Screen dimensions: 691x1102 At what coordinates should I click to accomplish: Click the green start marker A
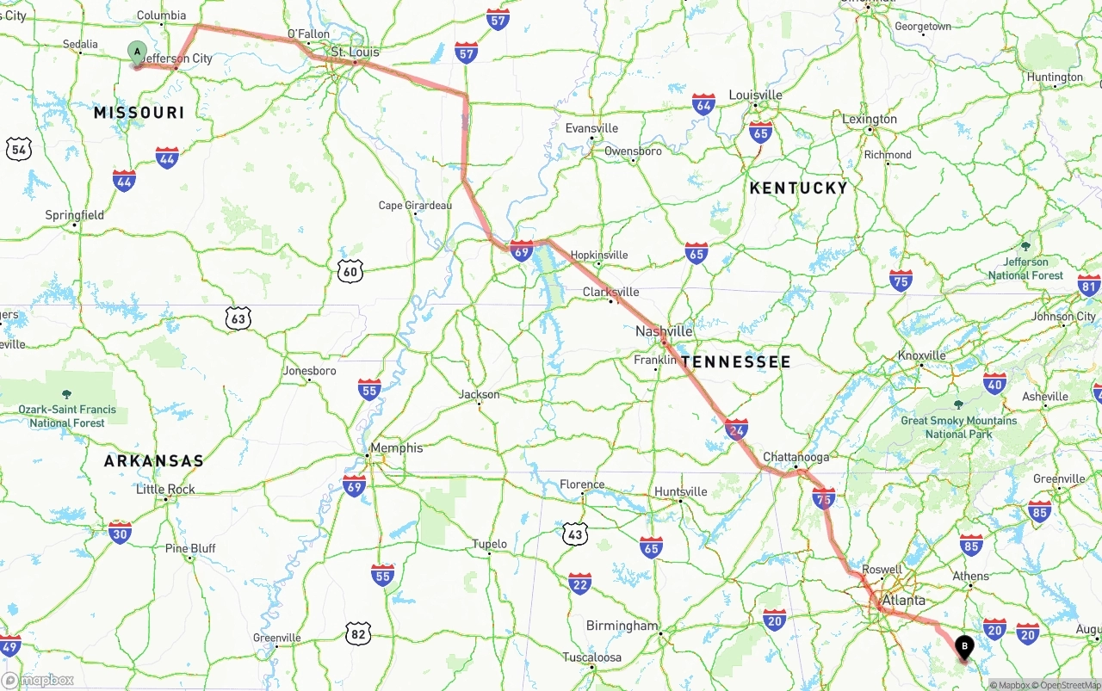(x=136, y=52)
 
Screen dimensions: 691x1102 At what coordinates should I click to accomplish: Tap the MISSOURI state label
(x=139, y=113)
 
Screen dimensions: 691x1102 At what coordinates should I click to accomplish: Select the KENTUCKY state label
(x=798, y=188)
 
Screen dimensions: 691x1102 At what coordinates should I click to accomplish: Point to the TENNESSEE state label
(x=735, y=362)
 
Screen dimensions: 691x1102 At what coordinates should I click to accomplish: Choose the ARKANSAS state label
(x=154, y=461)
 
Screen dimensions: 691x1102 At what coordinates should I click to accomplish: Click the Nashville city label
(x=664, y=331)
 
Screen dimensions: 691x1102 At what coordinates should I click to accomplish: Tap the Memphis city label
(x=396, y=447)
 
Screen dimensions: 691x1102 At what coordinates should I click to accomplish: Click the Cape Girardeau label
(x=415, y=206)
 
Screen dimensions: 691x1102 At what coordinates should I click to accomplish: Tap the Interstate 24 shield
(x=736, y=429)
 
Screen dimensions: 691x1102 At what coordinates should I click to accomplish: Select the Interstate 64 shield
(x=703, y=105)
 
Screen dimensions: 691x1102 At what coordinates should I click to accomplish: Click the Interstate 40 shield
(x=994, y=384)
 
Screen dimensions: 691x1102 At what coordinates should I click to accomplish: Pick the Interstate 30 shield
(x=121, y=533)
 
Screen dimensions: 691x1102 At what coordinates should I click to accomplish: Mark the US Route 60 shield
(x=350, y=272)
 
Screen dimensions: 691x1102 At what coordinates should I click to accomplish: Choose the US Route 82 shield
(x=358, y=634)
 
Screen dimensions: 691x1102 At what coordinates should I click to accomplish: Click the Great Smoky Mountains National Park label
(x=958, y=427)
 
